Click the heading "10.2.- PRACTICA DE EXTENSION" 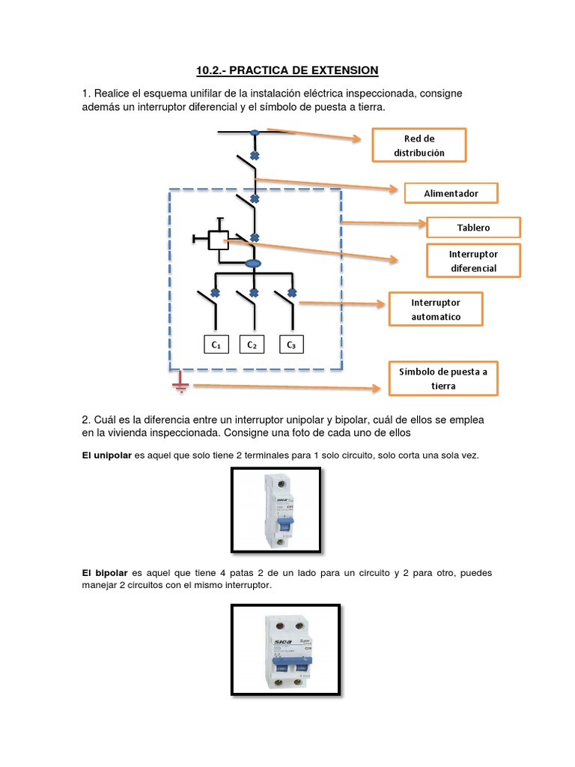point(287,70)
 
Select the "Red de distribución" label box point(419,145)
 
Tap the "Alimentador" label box point(451,193)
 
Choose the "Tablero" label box point(473,227)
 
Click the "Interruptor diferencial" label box point(473,261)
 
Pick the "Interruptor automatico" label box point(436,309)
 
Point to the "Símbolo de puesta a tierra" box point(443,378)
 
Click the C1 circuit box point(216,345)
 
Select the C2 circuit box point(252,345)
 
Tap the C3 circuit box point(291,345)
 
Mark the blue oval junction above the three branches point(254,264)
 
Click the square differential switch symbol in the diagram point(218,240)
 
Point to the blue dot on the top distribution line point(255,133)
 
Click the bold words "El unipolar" point(106,455)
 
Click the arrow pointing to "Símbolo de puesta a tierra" point(285,387)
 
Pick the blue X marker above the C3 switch point(291,292)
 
